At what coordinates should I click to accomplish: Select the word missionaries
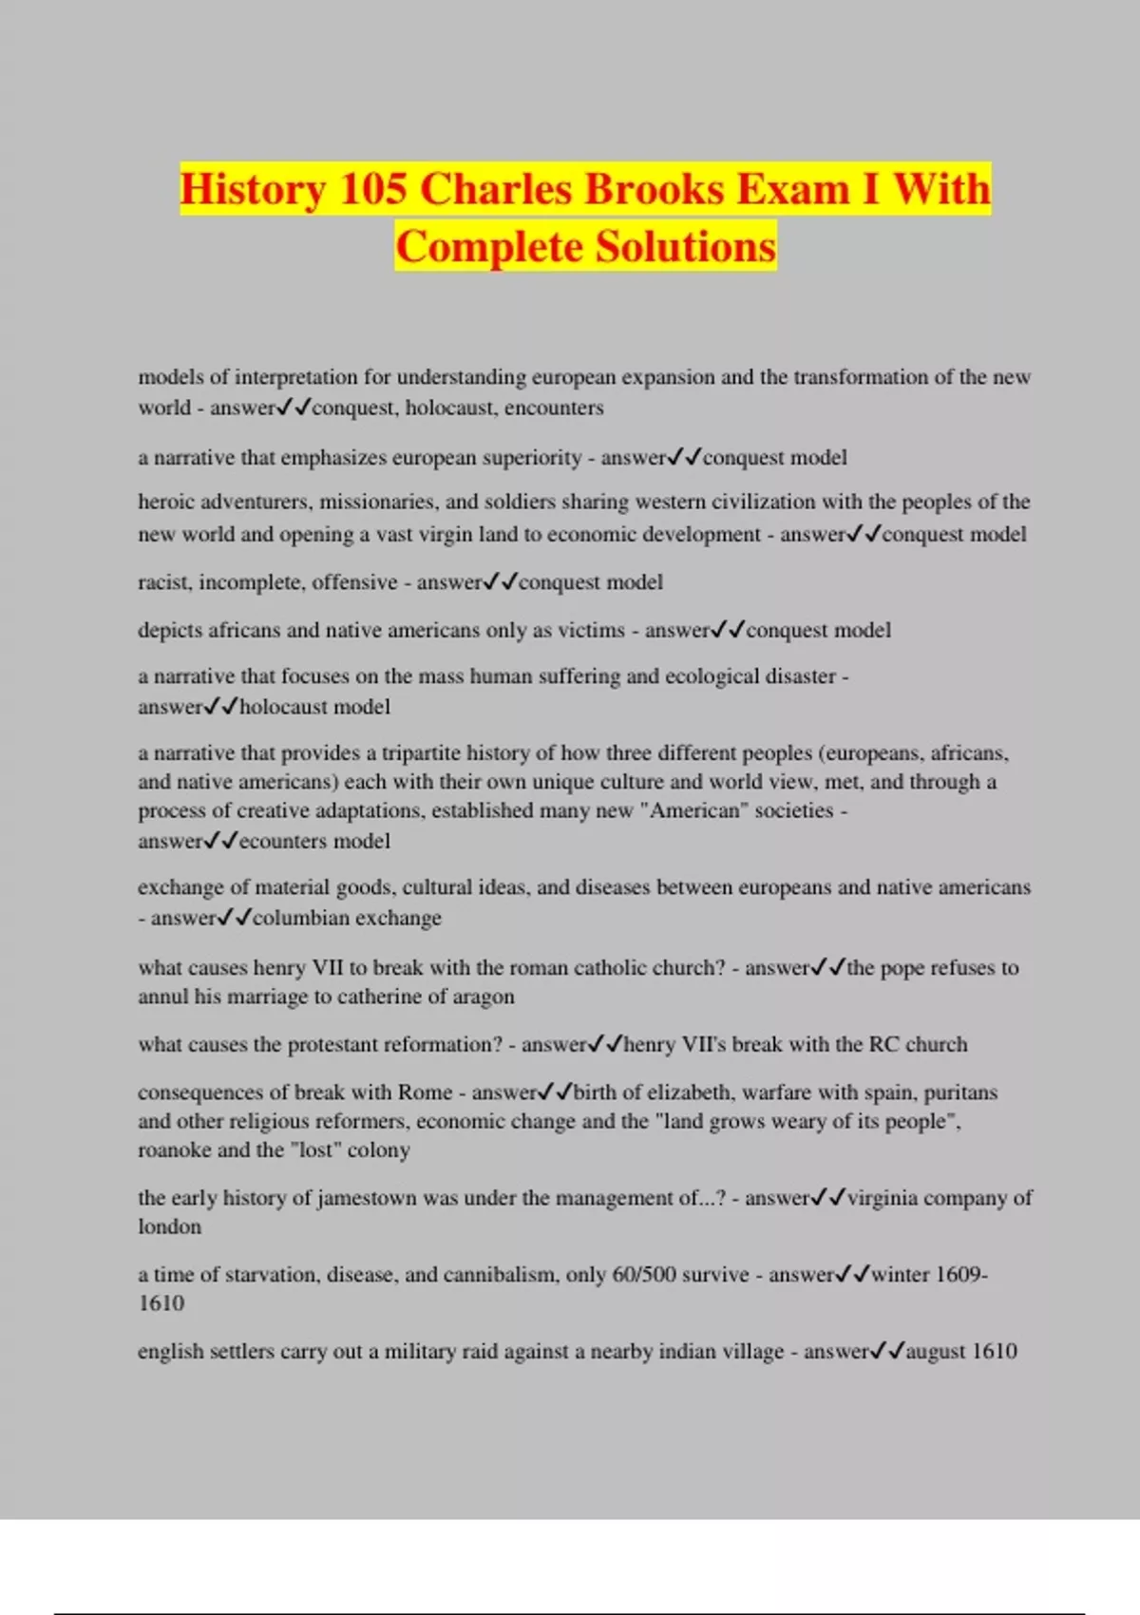coord(377,502)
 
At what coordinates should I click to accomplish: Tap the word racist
coord(164,582)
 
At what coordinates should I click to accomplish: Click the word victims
coord(593,630)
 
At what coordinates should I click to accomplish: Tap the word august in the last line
coord(934,1352)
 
